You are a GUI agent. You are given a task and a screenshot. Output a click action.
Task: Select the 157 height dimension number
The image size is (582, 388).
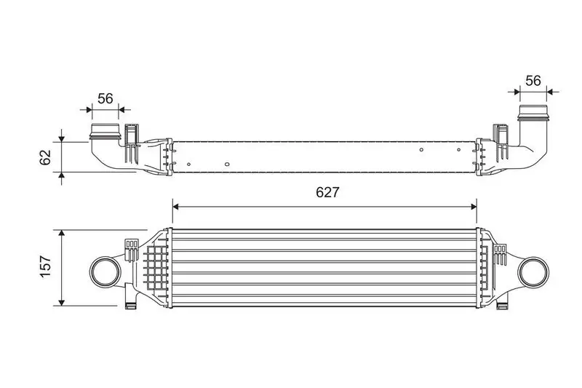pyautogui.click(x=44, y=267)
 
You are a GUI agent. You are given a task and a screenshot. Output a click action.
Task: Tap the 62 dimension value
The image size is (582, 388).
pyautogui.click(x=45, y=156)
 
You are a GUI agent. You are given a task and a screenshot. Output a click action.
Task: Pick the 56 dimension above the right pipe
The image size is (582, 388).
pyautogui.click(x=533, y=80)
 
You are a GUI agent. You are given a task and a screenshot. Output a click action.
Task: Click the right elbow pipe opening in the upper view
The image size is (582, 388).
pyautogui.click(x=535, y=115)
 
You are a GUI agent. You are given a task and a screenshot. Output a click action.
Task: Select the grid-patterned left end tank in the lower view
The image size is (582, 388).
pyautogui.click(x=154, y=267)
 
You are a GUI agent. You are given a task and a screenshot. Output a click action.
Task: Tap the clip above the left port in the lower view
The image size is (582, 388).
pyautogui.click(x=132, y=248)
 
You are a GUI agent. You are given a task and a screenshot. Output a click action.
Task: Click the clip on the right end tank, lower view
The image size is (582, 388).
pyautogui.click(x=500, y=253)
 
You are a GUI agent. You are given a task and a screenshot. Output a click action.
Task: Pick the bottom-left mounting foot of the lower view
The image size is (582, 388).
pyautogui.click(x=131, y=304)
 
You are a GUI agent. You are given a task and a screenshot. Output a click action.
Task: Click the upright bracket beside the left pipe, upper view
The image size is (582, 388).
pyautogui.click(x=130, y=143)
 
